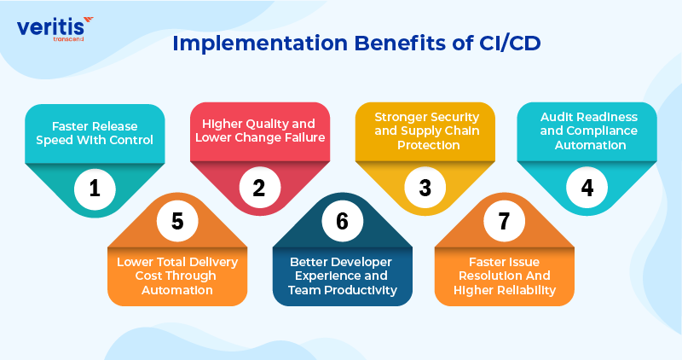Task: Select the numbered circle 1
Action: click(95, 188)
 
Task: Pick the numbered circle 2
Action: click(259, 188)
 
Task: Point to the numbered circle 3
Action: click(424, 188)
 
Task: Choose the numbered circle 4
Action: click(587, 188)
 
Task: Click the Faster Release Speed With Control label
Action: click(95, 133)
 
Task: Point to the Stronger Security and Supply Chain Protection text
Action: click(424, 131)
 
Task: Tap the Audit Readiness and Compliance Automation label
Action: click(587, 131)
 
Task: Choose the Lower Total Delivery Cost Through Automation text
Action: click(176, 276)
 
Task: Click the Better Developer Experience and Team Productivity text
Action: click(341, 276)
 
